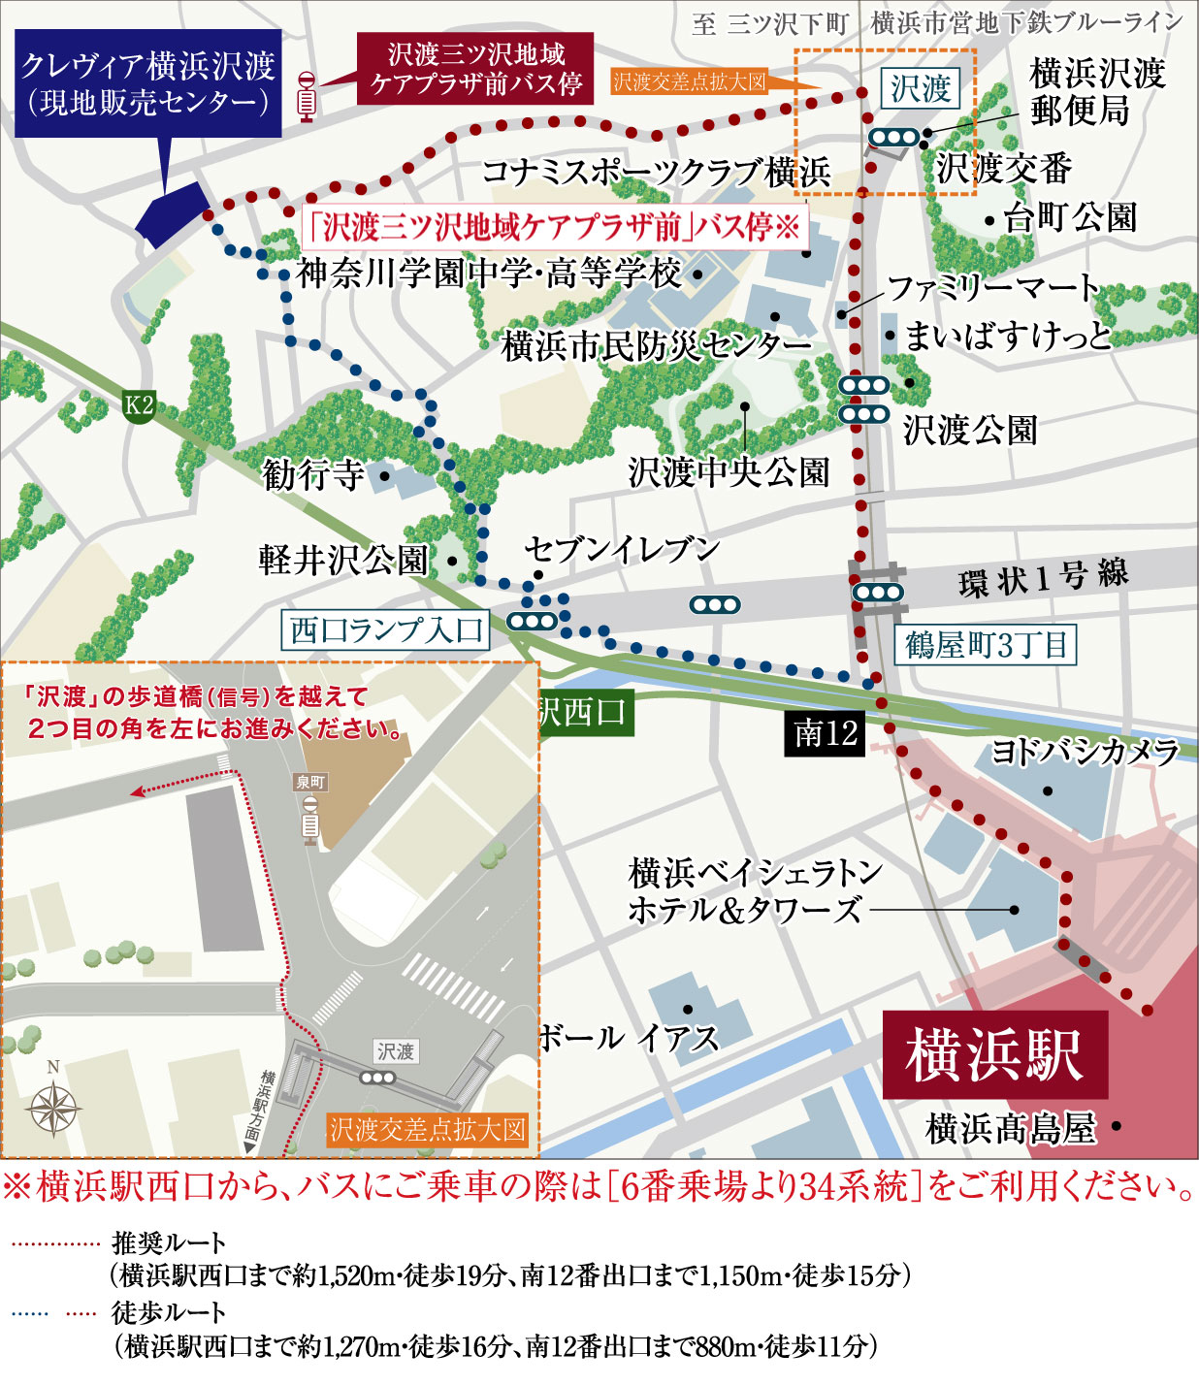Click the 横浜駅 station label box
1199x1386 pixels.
994,1055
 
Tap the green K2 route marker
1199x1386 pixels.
139,404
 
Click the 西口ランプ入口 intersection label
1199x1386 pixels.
385,630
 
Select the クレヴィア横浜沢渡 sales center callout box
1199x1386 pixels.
148,83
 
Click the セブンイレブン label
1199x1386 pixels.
622,550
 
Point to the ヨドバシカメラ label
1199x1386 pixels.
1085,752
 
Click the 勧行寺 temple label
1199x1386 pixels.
312,474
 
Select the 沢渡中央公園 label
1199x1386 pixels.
729,472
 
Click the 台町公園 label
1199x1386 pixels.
1070,218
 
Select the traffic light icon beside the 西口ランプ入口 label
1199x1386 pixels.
533,621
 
